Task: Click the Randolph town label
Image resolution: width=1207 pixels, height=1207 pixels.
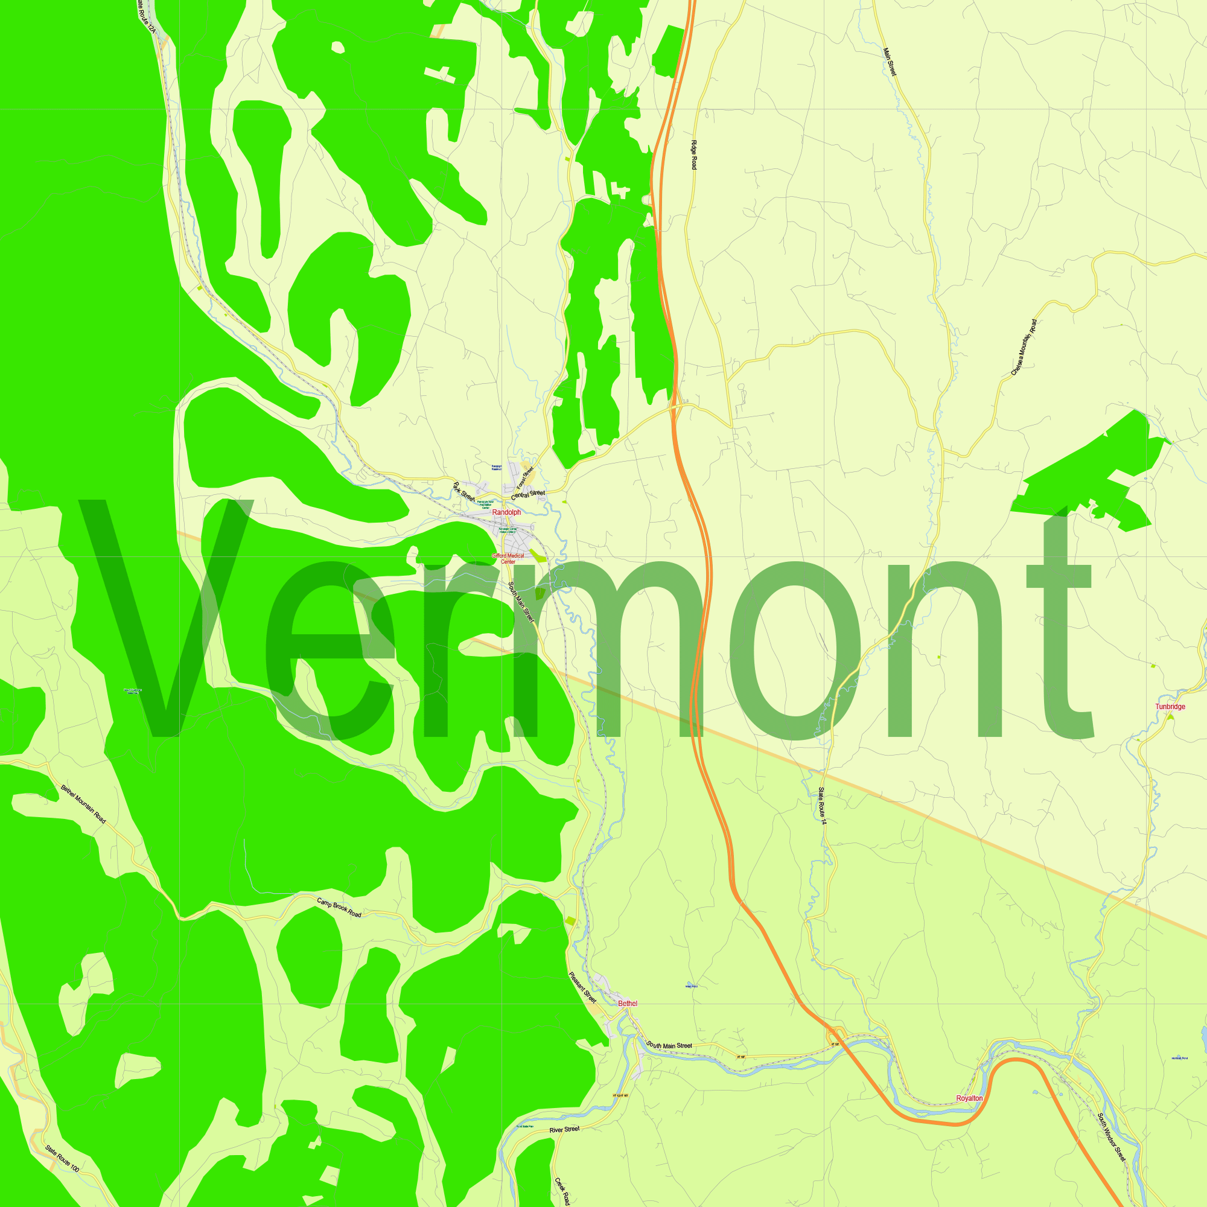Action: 506,512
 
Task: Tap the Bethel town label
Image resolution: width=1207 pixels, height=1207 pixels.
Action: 627,1004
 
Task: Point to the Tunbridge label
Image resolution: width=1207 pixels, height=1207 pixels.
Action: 1170,707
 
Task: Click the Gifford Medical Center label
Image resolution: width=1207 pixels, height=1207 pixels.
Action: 508,558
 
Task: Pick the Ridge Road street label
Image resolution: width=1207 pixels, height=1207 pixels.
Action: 694,155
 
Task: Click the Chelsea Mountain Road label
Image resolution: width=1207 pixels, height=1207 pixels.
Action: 1024,348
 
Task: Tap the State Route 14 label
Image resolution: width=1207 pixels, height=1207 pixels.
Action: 822,806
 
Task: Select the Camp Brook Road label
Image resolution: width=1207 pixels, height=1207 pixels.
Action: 339,908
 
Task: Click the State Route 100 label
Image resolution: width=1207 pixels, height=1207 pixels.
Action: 62,1158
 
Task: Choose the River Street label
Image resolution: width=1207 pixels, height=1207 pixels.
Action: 564,1130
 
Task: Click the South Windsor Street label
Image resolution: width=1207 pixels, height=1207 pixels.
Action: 1112,1138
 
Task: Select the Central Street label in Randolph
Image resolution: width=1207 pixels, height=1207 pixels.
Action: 528,495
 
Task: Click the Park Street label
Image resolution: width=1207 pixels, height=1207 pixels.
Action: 463,492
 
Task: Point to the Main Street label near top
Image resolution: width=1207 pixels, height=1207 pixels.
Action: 890,62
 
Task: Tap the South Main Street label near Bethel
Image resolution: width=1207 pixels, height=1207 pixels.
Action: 669,1045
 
